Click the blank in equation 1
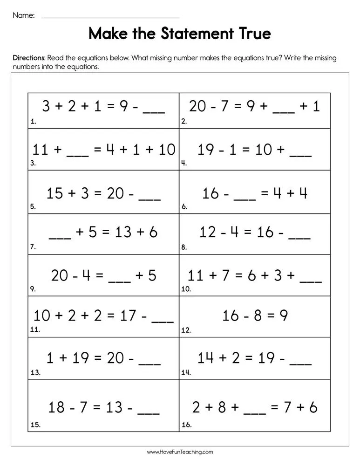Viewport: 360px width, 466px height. [x=154, y=112]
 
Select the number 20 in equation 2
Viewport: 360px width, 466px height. [x=197, y=107]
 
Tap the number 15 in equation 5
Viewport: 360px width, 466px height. [x=55, y=192]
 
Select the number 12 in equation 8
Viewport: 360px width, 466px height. [x=207, y=232]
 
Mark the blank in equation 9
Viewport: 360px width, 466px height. [x=119, y=281]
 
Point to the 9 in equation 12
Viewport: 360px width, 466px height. [x=284, y=316]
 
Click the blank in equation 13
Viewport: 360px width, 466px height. [x=150, y=363]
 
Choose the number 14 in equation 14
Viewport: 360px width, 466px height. [x=205, y=358]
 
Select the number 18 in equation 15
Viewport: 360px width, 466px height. [x=56, y=407]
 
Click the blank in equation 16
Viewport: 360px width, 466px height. [x=255, y=413]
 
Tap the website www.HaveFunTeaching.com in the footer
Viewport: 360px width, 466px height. [x=180, y=452]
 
